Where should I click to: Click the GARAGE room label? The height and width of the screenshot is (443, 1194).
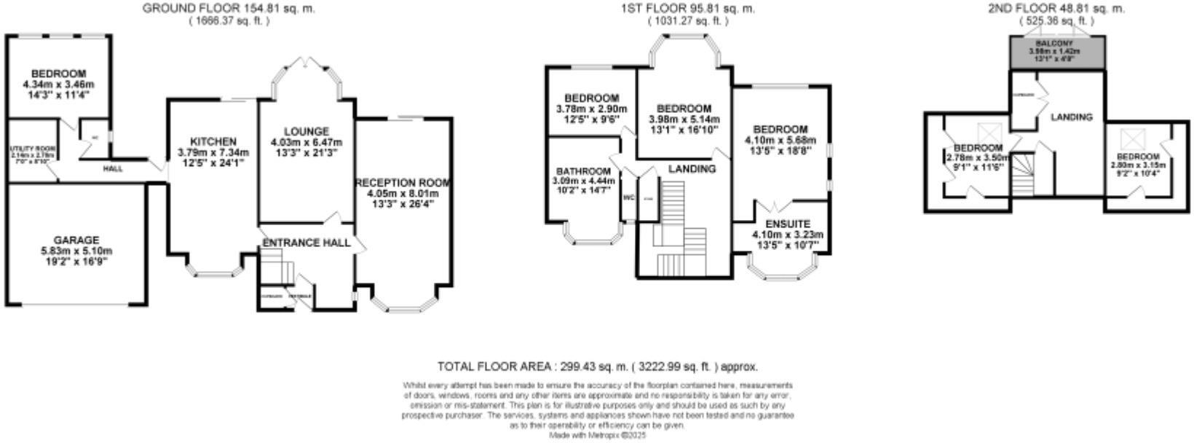pyautogui.click(x=76, y=240)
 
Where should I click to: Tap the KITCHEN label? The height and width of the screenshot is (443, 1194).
pyautogui.click(x=213, y=141)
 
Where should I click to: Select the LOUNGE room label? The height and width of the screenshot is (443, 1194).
pyautogui.click(x=306, y=131)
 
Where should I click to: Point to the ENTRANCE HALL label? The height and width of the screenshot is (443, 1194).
pyautogui.click(x=306, y=243)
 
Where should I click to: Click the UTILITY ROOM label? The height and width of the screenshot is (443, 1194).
pyautogui.click(x=32, y=148)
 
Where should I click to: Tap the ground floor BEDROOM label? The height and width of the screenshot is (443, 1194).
pyautogui.click(x=58, y=74)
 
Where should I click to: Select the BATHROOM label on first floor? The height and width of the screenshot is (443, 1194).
pyautogui.click(x=580, y=171)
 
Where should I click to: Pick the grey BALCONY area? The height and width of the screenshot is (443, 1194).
pyautogui.click(x=1057, y=52)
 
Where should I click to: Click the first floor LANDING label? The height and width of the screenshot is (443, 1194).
pyautogui.click(x=692, y=168)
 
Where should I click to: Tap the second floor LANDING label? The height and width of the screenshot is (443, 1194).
pyautogui.click(x=1071, y=117)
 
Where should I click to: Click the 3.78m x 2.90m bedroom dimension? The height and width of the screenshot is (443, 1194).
pyautogui.click(x=591, y=109)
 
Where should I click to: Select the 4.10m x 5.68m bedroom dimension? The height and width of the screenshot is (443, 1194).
pyautogui.click(x=780, y=141)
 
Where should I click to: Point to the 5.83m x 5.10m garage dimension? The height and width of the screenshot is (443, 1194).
pyautogui.click(x=76, y=251)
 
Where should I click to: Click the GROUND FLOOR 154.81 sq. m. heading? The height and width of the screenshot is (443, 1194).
pyautogui.click(x=229, y=9)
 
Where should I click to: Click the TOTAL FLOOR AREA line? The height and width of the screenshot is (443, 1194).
pyautogui.click(x=597, y=366)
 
